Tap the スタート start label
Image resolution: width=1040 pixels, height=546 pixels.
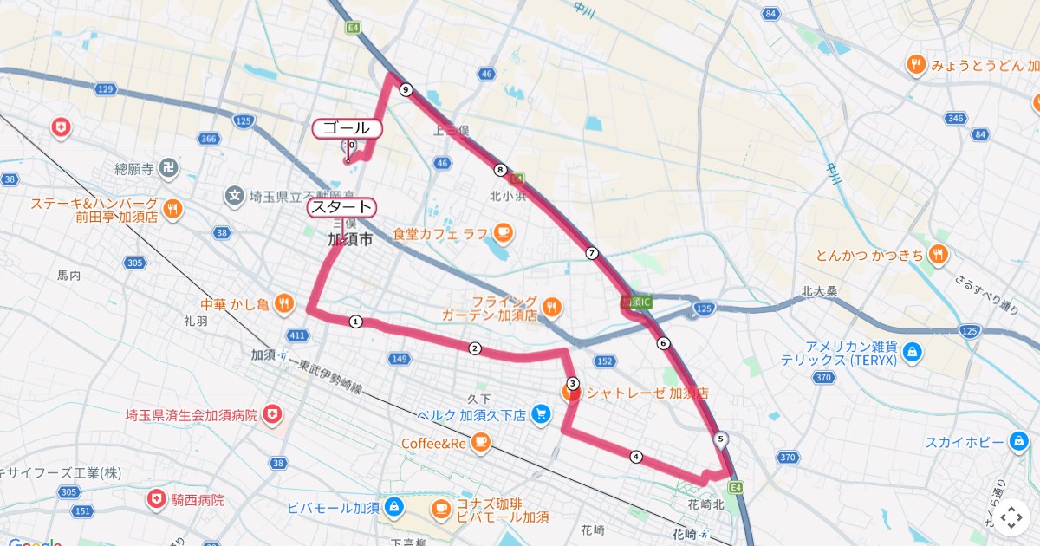coord(341,207)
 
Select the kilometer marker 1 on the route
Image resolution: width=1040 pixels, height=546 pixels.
coord(355,322)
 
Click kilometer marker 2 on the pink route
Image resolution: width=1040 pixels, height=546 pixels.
coord(474,348)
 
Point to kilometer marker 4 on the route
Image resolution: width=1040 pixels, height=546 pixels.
coord(636,457)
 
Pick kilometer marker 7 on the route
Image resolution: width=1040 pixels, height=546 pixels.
coord(592,253)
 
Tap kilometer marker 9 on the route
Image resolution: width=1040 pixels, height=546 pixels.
coord(406,89)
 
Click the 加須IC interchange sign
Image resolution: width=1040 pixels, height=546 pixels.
coord(636,302)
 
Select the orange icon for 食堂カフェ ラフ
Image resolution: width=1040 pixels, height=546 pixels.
coord(503,233)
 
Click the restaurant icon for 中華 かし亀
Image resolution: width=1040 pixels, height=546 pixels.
coord(283,303)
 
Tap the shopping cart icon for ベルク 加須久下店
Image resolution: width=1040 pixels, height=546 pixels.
coord(542,415)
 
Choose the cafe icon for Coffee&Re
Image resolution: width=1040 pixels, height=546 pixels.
coord(481,444)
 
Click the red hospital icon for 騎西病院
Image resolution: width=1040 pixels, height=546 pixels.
coord(156,500)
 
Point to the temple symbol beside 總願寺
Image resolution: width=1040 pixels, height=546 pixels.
coord(171,168)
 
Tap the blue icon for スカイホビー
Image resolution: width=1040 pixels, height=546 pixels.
coord(1019,443)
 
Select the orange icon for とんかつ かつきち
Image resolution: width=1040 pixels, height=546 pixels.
coord(939,255)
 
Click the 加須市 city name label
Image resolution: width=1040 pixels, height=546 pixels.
coord(350,240)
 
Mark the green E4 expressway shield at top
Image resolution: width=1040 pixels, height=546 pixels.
coord(353,28)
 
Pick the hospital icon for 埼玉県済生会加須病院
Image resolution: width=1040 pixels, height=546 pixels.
coord(274,415)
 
